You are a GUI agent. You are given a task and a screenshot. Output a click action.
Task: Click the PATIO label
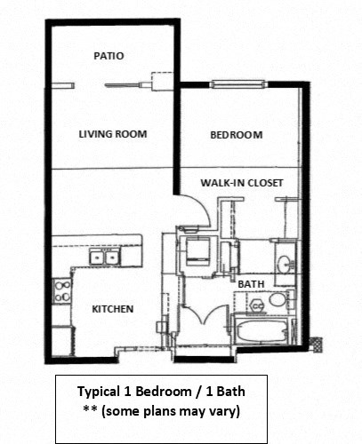pyautogui.click(x=109, y=55)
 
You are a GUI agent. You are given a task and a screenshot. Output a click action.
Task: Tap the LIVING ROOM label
pyautogui.click(x=112, y=135)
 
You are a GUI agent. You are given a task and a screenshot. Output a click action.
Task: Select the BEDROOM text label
pyautogui.click(x=236, y=135)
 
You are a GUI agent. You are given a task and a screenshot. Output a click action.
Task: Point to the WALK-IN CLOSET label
pyautogui.click(x=241, y=183)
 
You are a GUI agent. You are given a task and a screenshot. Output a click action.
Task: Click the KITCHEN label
pyautogui.click(x=113, y=309)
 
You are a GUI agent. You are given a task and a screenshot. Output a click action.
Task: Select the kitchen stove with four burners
pyautogui.click(x=62, y=291)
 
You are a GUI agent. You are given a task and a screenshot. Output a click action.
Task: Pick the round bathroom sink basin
pyautogui.click(x=283, y=265)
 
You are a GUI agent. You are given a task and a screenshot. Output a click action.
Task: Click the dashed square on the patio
pyautogui.click(x=159, y=85)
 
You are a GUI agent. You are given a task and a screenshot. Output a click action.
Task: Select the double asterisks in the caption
pyautogui.click(x=87, y=411)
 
